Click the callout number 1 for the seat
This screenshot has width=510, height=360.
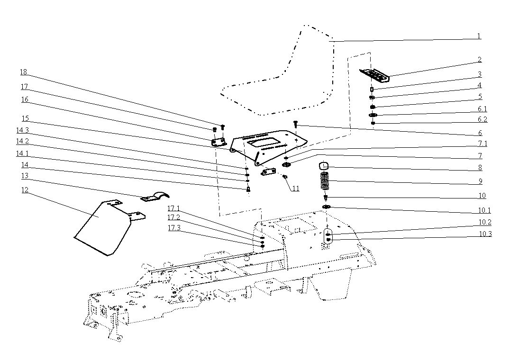pos(479,36)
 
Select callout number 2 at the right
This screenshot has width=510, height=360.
pos(480,60)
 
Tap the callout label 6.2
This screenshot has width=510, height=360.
pos(482,120)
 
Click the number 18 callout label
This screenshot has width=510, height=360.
pos(23,72)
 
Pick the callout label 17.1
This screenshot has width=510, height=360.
pos(173,208)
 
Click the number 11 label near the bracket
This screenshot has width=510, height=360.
pos(295,189)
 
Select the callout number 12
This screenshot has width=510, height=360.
pos(25,190)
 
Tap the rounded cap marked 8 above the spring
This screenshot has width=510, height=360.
pos(324,165)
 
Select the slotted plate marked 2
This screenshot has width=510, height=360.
pos(374,74)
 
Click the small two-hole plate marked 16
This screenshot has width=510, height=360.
pos(218,142)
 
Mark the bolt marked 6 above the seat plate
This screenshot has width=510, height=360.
pos(295,124)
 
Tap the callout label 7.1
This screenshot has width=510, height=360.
pos(482,144)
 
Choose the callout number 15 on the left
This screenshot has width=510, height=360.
pos(25,118)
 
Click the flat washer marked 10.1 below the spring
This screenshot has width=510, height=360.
pos(327,207)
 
